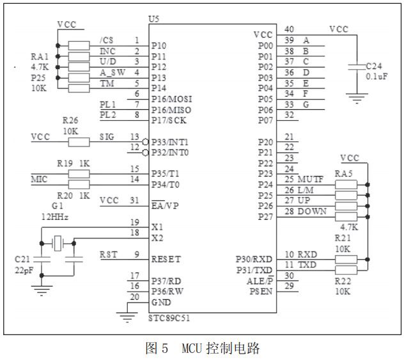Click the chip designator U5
153,19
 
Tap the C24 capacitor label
375,66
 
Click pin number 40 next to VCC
290,29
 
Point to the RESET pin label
166,260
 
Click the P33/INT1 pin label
170,141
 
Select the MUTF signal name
311,180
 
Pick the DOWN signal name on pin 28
312,212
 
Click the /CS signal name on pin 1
107,41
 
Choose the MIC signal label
39,180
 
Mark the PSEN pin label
260,291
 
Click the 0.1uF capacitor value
376,77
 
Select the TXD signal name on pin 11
308,264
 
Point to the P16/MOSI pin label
171,99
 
